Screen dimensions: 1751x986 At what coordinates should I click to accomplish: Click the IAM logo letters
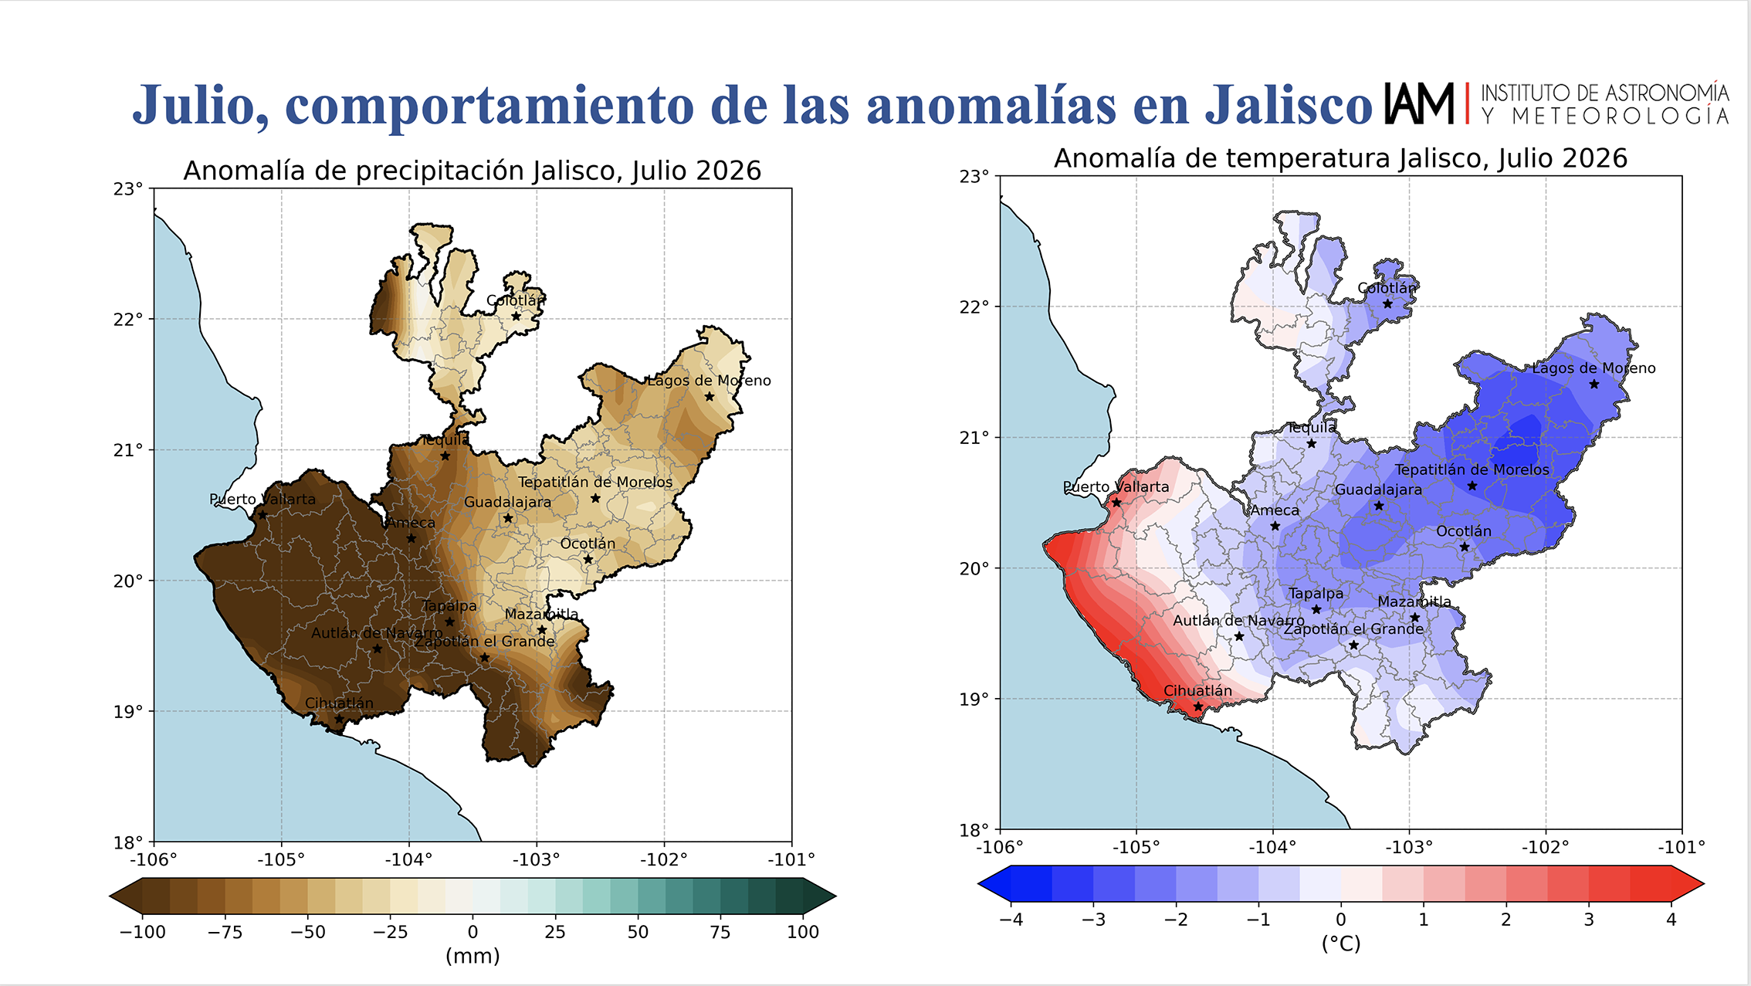[1419, 103]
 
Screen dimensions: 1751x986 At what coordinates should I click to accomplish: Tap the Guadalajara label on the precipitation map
[507, 502]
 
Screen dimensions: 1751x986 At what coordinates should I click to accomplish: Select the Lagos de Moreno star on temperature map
[1594, 385]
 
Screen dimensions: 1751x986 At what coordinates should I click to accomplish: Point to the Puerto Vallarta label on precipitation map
[262, 499]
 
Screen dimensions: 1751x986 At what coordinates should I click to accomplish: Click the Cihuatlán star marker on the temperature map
[1197, 706]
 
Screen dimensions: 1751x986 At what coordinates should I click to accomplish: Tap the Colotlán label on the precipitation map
[516, 300]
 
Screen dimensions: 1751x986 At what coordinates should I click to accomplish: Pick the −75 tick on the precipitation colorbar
[225, 932]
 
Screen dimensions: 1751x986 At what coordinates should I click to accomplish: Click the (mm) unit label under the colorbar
[472, 956]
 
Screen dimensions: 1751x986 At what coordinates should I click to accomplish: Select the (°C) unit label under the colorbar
[1341, 944]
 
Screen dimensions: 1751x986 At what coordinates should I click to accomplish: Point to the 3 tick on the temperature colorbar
[1588, 920]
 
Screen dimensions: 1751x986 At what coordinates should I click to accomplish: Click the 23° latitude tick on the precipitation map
[128, 188]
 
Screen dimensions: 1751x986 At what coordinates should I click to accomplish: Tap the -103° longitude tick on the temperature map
[1409, 847]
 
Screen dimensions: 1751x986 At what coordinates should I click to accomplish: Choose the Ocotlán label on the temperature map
[1463, 531]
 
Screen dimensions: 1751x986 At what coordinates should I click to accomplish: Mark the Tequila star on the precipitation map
[445, 456]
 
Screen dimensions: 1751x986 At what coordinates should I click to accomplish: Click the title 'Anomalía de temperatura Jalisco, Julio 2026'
[1340, 158]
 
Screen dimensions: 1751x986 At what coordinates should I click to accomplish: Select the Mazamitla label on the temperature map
[1414, 601]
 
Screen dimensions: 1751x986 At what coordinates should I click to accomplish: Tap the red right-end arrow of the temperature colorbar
[1688, 883]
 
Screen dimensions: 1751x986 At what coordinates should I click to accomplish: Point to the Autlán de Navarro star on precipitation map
[377, 649]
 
